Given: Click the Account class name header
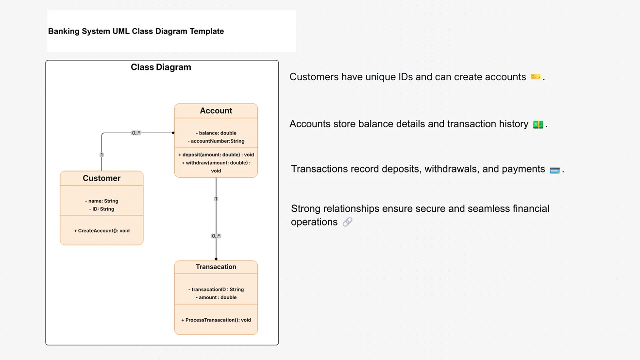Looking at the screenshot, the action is (x=216, y=111).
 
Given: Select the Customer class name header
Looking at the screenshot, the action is (x=101, y=178).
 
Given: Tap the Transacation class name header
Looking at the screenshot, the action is (x=216, y=267).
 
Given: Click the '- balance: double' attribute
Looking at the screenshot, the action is (x=216, y=133).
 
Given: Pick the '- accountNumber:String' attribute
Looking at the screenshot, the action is (x=216, y=141).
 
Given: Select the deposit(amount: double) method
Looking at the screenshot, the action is (x=216, y=155).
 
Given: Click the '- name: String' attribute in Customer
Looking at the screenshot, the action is (x=101, y=201).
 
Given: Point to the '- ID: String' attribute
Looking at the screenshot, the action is (x=101, y=209).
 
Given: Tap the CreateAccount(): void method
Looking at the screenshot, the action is (x=101, y=231).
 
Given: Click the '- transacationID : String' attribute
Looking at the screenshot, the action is (x=216, y=290).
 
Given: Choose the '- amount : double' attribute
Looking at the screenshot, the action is (x=216, y=298).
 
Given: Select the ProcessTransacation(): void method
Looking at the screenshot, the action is (x=216, y=320).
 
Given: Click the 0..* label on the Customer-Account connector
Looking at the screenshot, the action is (x=136, y=133).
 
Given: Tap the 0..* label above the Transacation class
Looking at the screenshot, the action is (x=216, y=236).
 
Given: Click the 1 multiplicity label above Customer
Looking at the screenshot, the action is (x=101, y=155).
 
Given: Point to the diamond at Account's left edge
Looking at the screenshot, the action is (x=173, y=133).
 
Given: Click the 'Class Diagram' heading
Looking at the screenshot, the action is (x=161, y=68).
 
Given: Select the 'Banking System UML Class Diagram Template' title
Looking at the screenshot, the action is (x=136, y=32).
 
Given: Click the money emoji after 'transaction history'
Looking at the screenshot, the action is (x=538, y=124).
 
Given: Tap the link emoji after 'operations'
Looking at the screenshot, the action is (x=347, y=222).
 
